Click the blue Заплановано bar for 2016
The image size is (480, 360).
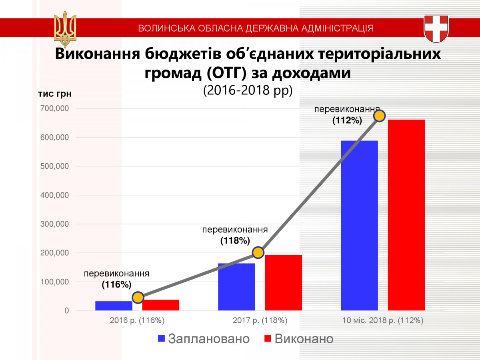click(x=114, y=306)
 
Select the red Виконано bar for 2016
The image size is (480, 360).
click(x=160, y=305)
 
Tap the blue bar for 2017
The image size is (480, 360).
click(x=236, y=287)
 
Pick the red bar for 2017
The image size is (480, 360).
click(x=283, y=282)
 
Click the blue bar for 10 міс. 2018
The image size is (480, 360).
click(x=359, y=226)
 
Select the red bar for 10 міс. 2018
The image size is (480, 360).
click(x=406, y=215)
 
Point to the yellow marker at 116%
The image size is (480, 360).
click(x=138, y=297)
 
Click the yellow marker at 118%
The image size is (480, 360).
click(x=258, y=252)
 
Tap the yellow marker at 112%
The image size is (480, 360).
click(x=379, y=116)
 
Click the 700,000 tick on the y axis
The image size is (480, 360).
click(x=54, y=108)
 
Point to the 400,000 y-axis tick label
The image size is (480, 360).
click(x=54, y=195)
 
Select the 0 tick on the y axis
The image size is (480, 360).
click(x=66, y=311)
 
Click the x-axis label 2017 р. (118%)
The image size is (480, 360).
click(x=260, y=321)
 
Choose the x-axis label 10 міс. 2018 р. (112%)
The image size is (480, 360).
click(x=383, y=321)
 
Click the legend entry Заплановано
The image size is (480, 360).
click(x=204, y=339)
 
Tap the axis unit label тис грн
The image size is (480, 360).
click(x=55, y=94)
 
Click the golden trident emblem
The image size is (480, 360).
click(x=65, y=29)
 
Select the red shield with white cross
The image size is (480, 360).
click(x=436, y=29)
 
